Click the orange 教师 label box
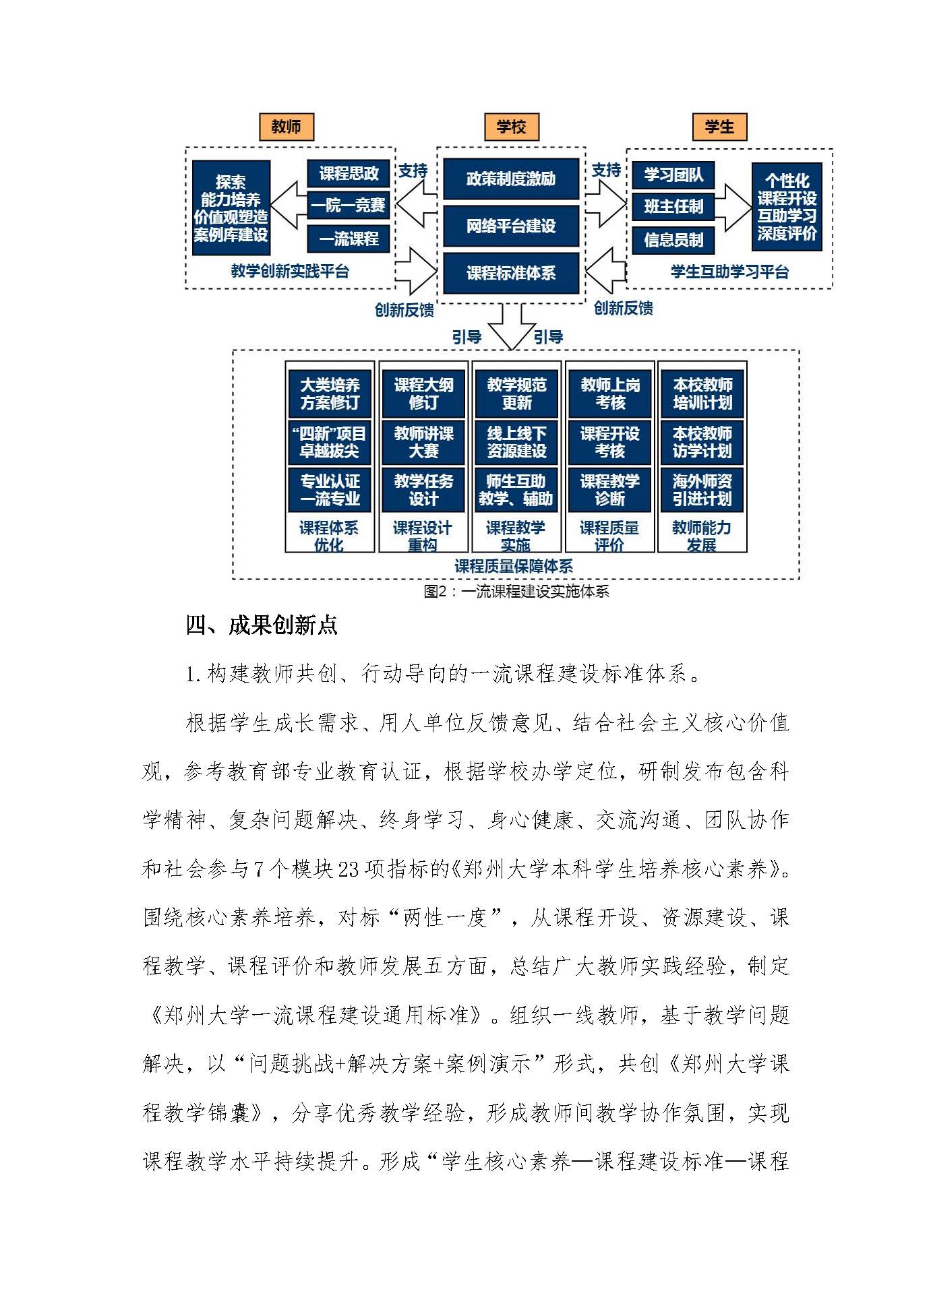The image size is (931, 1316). tap(286, 127)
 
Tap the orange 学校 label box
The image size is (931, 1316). tap(510, 127)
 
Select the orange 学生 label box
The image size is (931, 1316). tap(719, 127)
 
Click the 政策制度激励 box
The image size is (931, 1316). tap(510, 179)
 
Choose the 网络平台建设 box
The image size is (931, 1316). tap(510, 226)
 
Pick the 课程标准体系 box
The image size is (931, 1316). tap(510, 273)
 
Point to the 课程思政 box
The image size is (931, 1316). tap(349, 173)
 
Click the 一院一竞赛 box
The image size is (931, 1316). tap(349, 205)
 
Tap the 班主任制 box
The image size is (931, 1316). tap(673, 206)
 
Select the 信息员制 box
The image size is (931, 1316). tap(673, 239)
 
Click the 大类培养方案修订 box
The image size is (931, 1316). tap(330, 394)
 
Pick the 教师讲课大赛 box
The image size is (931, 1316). tap(423, 442)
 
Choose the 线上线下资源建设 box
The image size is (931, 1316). tap(516, 442)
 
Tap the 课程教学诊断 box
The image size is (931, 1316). tap(609, 490)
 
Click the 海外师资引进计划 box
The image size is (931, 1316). tap(702, 490)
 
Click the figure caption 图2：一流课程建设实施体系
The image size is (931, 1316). tap(516, 592)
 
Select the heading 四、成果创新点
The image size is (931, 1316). tap(262, 625)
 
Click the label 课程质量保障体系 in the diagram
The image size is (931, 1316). tap(514, 566)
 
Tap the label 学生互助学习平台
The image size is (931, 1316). tap(729, 272)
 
